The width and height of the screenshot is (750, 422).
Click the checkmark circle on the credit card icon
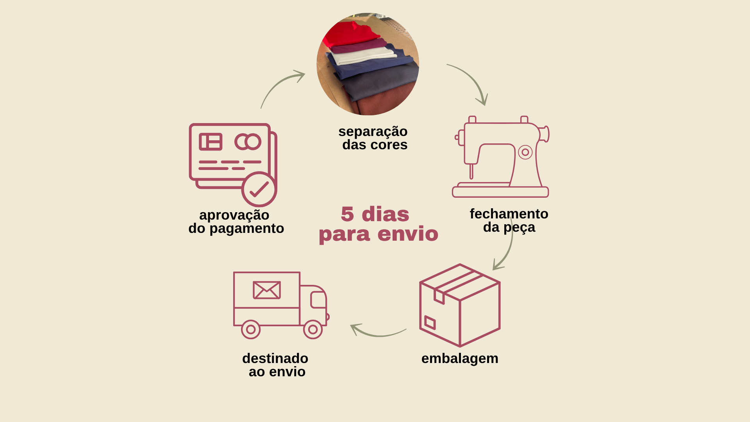[x=259, y=189]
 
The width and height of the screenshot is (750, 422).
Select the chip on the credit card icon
[x=211, y=142]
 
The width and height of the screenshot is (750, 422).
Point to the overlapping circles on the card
[x=248, y=142]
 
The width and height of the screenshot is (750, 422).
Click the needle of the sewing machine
[x=471, y=171]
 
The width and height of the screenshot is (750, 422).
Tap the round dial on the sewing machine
[x=525, y=152]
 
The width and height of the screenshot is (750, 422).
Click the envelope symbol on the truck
[x=267, y=290]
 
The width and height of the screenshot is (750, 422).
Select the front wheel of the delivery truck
[x=313, y=329]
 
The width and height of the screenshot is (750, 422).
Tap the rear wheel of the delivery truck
[x=251, y=329]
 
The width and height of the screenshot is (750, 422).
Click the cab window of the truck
[x=318, y=300]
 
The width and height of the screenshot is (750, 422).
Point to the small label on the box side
[x=430, y=322]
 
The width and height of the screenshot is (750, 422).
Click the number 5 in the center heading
[x=347, y=214]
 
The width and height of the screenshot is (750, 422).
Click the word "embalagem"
[x=460, y=358]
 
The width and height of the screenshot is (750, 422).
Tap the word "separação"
[x=373, y=132]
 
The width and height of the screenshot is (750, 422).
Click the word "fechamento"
[x=509, y=214]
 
